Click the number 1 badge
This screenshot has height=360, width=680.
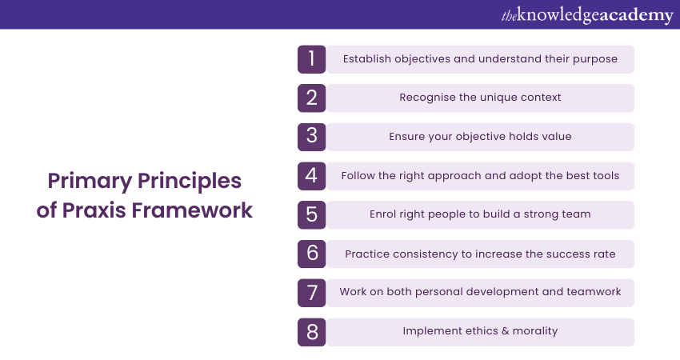tap(311, 59)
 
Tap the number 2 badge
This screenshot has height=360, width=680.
tap(311, 98)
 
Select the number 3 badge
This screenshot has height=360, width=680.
tap(311, 137)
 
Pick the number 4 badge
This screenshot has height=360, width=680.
tap(311, 176)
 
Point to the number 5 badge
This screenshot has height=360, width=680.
tap(311, 214)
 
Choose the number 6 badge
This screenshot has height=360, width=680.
tap(311, 254)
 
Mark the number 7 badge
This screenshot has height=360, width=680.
tap(311, 293)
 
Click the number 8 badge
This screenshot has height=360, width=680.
tap(311, 332)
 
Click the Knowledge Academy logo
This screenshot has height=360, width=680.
tap(587, 15)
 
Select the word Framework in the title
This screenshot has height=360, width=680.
tap(192, 210)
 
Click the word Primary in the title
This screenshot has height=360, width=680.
tap(90, 182)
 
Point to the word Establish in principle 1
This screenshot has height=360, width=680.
tap(367, 59)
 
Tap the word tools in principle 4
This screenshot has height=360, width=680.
tap(606, 176)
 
